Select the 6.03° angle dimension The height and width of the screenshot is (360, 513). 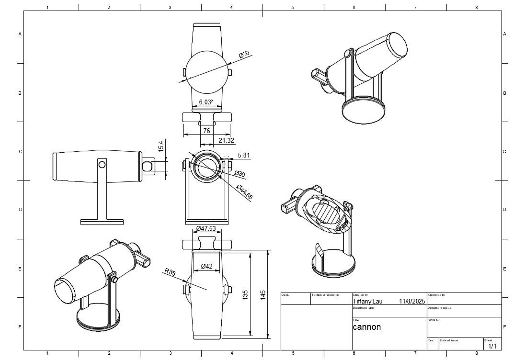click(x=205, y=102)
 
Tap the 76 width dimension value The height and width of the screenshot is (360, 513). click(x=206, y=131)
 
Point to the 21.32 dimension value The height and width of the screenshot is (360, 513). click(x=226, y=140)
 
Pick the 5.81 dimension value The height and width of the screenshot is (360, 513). click(x=243, y=156)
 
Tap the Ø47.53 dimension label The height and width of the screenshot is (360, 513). click(x=206, y=228)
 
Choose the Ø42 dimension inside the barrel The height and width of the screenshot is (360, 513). click(x=206, y=266)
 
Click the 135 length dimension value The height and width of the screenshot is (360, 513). click(x=245, y=295)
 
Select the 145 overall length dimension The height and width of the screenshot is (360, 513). click(x=263, y=295)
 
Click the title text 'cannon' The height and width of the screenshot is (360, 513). click(x=367, y=327)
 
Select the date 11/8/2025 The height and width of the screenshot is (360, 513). click(x=412, y=302)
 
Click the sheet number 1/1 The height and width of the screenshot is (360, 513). click(x=492, y=345)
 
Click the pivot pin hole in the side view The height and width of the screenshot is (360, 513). click(x=102, y=164)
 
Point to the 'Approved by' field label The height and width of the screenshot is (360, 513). click(x=436, y=295)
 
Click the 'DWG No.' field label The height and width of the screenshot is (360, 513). click(x=434, y=320)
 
